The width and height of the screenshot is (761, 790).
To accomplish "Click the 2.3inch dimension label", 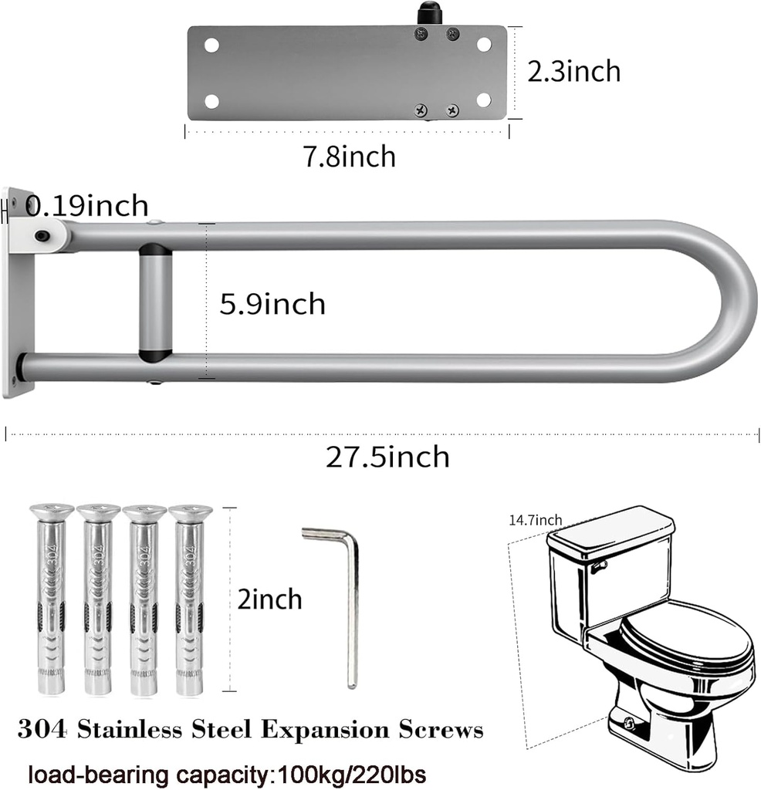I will pos(573,71).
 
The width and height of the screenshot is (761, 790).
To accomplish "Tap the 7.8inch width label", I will pos(349,157).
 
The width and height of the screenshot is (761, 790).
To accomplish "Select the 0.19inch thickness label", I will pos(86,206).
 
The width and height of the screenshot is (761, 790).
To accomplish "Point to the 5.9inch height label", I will pos(272,304).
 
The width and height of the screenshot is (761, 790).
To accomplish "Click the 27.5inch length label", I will pos(387,457).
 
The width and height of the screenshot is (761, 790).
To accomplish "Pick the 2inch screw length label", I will pos(269,599).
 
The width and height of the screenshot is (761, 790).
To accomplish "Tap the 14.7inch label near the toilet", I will pos(535,520).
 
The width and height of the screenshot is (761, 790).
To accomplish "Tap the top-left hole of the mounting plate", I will pos(211,45).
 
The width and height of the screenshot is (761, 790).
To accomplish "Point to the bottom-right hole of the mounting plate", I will pos(484,100).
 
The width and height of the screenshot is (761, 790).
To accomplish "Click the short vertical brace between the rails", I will pos(155,302).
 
